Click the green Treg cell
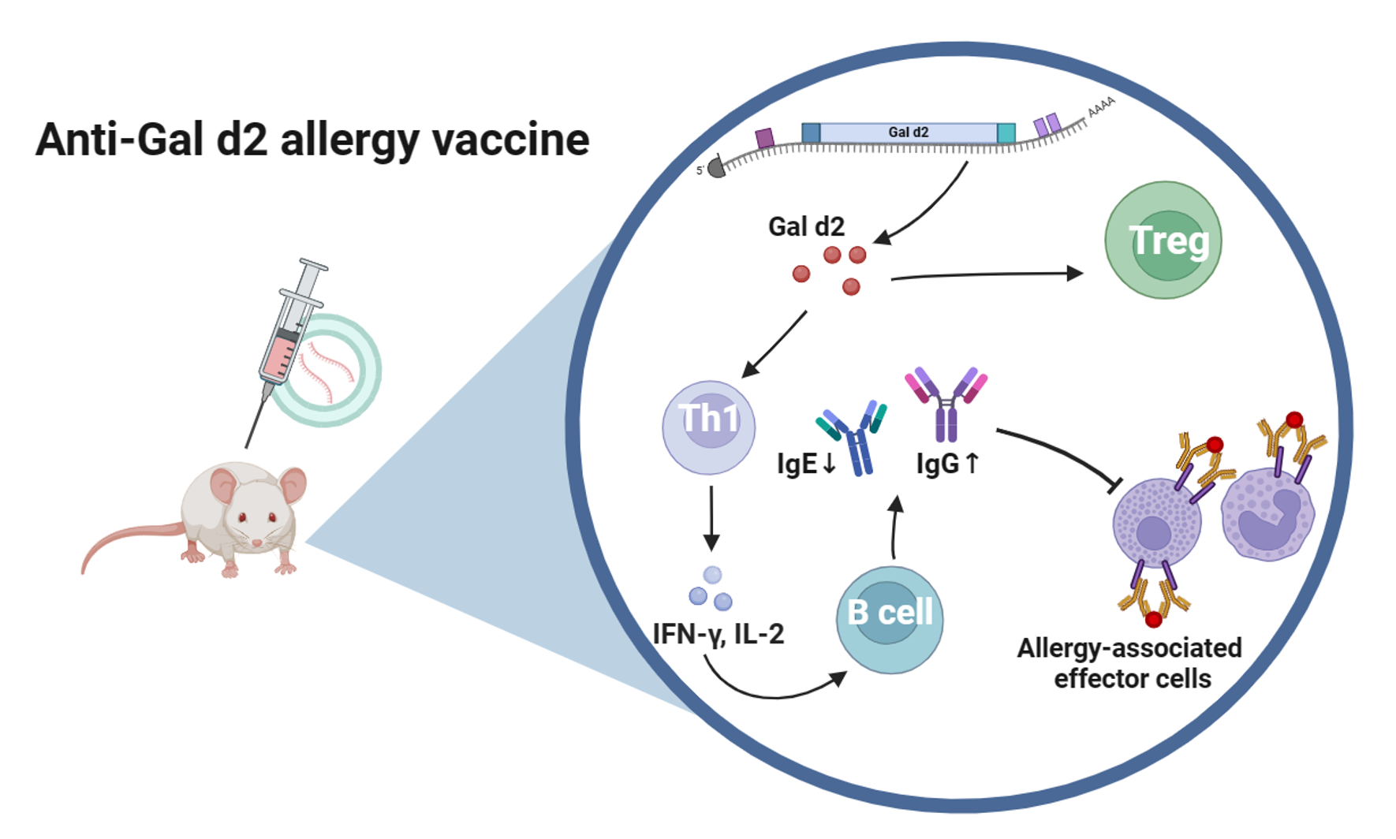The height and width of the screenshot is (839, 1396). click(1163, 241)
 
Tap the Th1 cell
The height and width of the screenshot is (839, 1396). click(708, 427)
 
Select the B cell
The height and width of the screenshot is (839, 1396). click(890, 619)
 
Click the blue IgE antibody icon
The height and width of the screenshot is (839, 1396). click(855, 438)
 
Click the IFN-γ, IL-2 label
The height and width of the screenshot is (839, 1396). click(719, 634)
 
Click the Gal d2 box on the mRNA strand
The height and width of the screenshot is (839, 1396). click(909, 132)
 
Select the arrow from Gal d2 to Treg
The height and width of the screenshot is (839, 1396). click(986, 274)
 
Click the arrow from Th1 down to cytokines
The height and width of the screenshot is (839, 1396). click(711, 517)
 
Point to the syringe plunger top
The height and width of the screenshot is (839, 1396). click(313, 265)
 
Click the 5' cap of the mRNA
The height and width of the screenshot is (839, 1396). click(716, 168)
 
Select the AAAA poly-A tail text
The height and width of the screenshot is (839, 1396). click(1102, 106)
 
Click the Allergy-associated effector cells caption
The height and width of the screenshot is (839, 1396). click(1129, 663)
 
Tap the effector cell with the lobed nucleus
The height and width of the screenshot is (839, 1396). click(1267, 514)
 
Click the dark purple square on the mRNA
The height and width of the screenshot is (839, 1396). click(764, 139)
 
